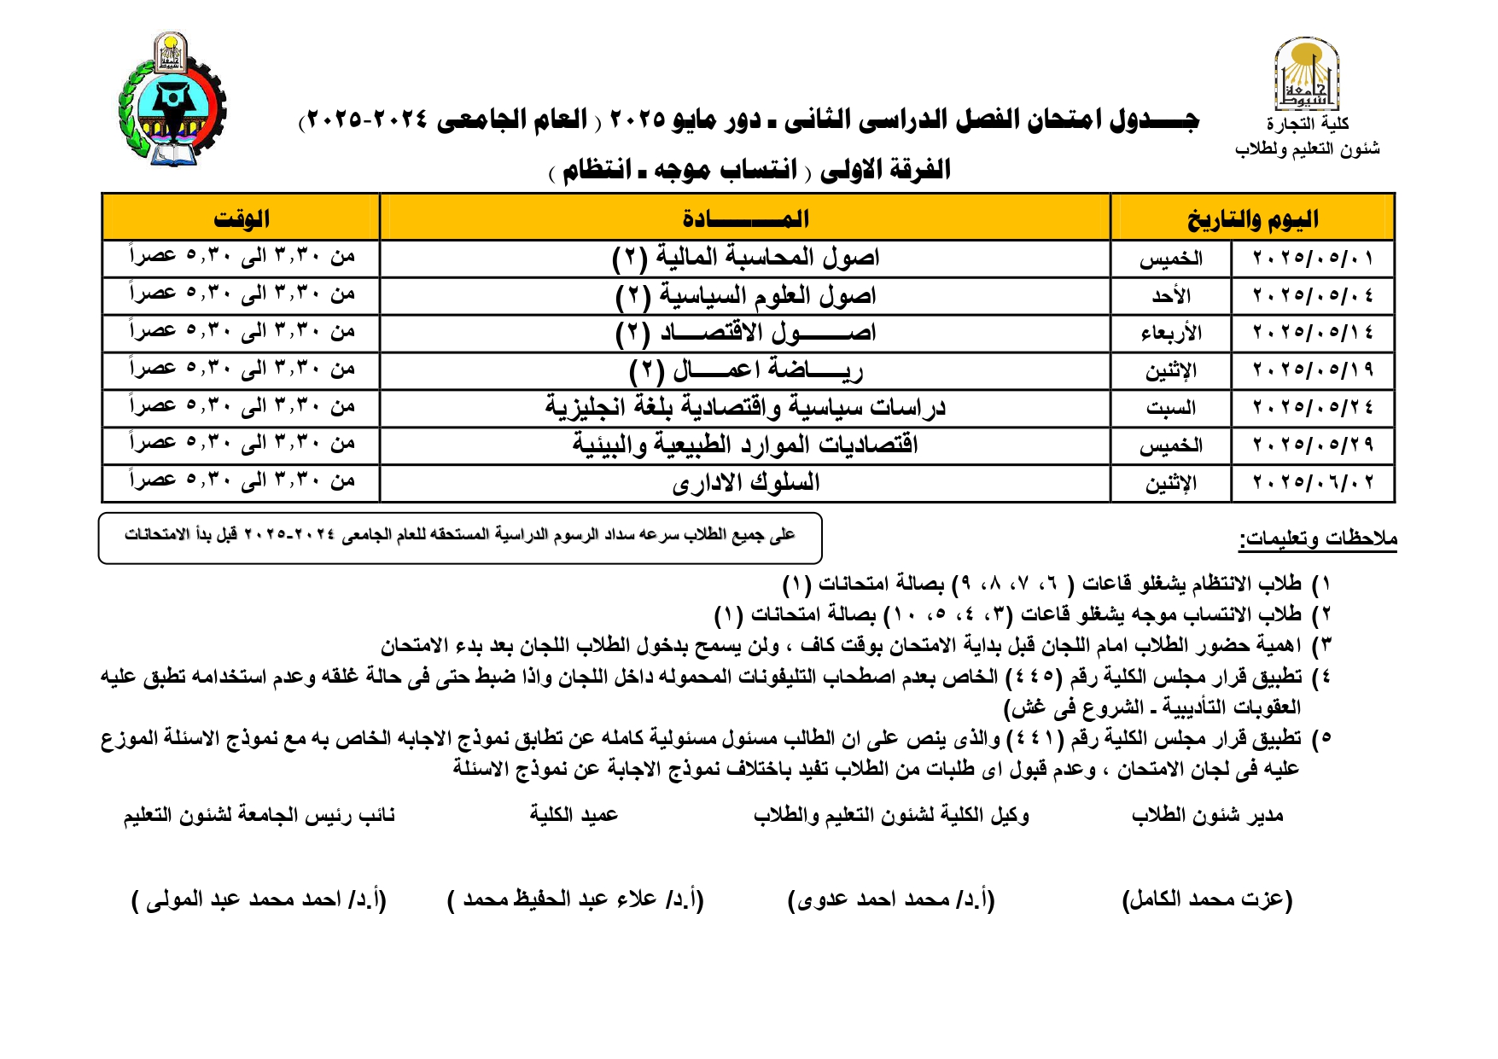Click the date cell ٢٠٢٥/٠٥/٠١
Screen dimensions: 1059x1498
click(1313, 259)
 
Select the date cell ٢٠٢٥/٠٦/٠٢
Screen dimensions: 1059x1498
click(1313, 483)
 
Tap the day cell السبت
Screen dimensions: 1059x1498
click(1170, 408)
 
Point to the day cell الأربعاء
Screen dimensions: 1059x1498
click(1170, 334)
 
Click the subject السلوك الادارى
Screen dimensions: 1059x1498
click(745, 483)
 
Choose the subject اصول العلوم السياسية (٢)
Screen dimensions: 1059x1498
click(745, 296)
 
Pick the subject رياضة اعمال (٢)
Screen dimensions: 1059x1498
click(745, 370)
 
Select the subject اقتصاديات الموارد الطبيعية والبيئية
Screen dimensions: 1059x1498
click(745, 445)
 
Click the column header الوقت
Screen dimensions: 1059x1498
click(241, 218)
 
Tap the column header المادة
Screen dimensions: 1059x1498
click(745, 218)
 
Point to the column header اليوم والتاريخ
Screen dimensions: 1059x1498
click(1252, 218)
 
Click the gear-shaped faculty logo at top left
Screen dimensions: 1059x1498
click(173, 101)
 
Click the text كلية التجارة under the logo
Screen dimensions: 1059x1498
click(1308, 125)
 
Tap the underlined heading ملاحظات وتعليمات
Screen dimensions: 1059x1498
click(1318, 539)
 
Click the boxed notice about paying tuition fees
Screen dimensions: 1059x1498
click(460, 538)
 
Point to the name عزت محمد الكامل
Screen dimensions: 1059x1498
click(1207, 899)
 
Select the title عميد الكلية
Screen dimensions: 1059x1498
click(574, 815)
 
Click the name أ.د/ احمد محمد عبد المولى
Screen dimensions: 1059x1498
click(259, 899)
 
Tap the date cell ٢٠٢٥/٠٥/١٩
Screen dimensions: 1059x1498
click(1313, 370)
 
